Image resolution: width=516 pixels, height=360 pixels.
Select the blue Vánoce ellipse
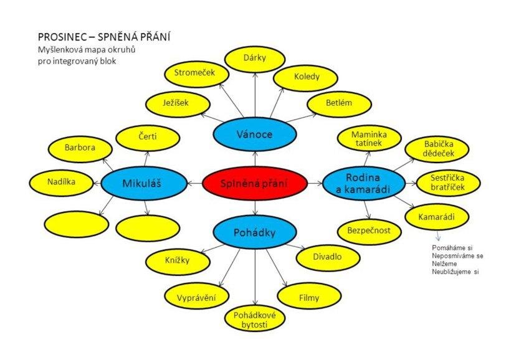(x=255, y=135)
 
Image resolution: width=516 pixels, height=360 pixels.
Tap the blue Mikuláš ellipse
(x=144, y=183)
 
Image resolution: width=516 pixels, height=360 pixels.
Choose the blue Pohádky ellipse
(x=254, y=232)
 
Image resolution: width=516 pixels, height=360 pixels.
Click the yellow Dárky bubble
(x=255, y=59)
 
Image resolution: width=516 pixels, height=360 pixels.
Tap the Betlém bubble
(x=335, y=103)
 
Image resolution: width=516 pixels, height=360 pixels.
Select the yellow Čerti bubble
(x=148, y=138)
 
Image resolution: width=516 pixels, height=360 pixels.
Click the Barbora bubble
(x=80, y=148)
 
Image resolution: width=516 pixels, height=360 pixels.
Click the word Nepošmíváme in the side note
(x=453, y=256)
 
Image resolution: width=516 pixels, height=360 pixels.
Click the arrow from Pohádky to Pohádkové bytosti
(x=255, y=277)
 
